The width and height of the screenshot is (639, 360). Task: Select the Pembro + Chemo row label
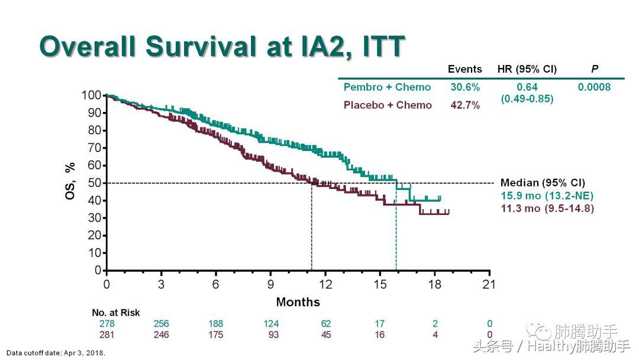387,87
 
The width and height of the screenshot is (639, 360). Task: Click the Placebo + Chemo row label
388,105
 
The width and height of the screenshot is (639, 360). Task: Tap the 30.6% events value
464,87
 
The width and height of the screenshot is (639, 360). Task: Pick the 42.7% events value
464,105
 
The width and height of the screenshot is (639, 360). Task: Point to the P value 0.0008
594,87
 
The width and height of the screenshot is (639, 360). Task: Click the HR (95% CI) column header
527,69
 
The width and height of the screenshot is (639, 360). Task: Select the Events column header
464,69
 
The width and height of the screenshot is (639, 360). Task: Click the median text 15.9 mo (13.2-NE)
547,196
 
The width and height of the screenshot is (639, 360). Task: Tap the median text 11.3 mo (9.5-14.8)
547,208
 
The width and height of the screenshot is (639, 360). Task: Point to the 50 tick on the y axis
93,183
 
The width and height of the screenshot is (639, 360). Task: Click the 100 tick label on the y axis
91,95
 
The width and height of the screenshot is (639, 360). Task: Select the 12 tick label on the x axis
325,284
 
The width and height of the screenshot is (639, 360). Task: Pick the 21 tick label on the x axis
489,284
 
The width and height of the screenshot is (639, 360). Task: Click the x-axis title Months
298,302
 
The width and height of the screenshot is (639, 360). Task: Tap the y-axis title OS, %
70,181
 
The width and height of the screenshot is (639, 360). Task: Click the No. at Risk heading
116,313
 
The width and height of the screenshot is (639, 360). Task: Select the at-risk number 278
106,324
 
